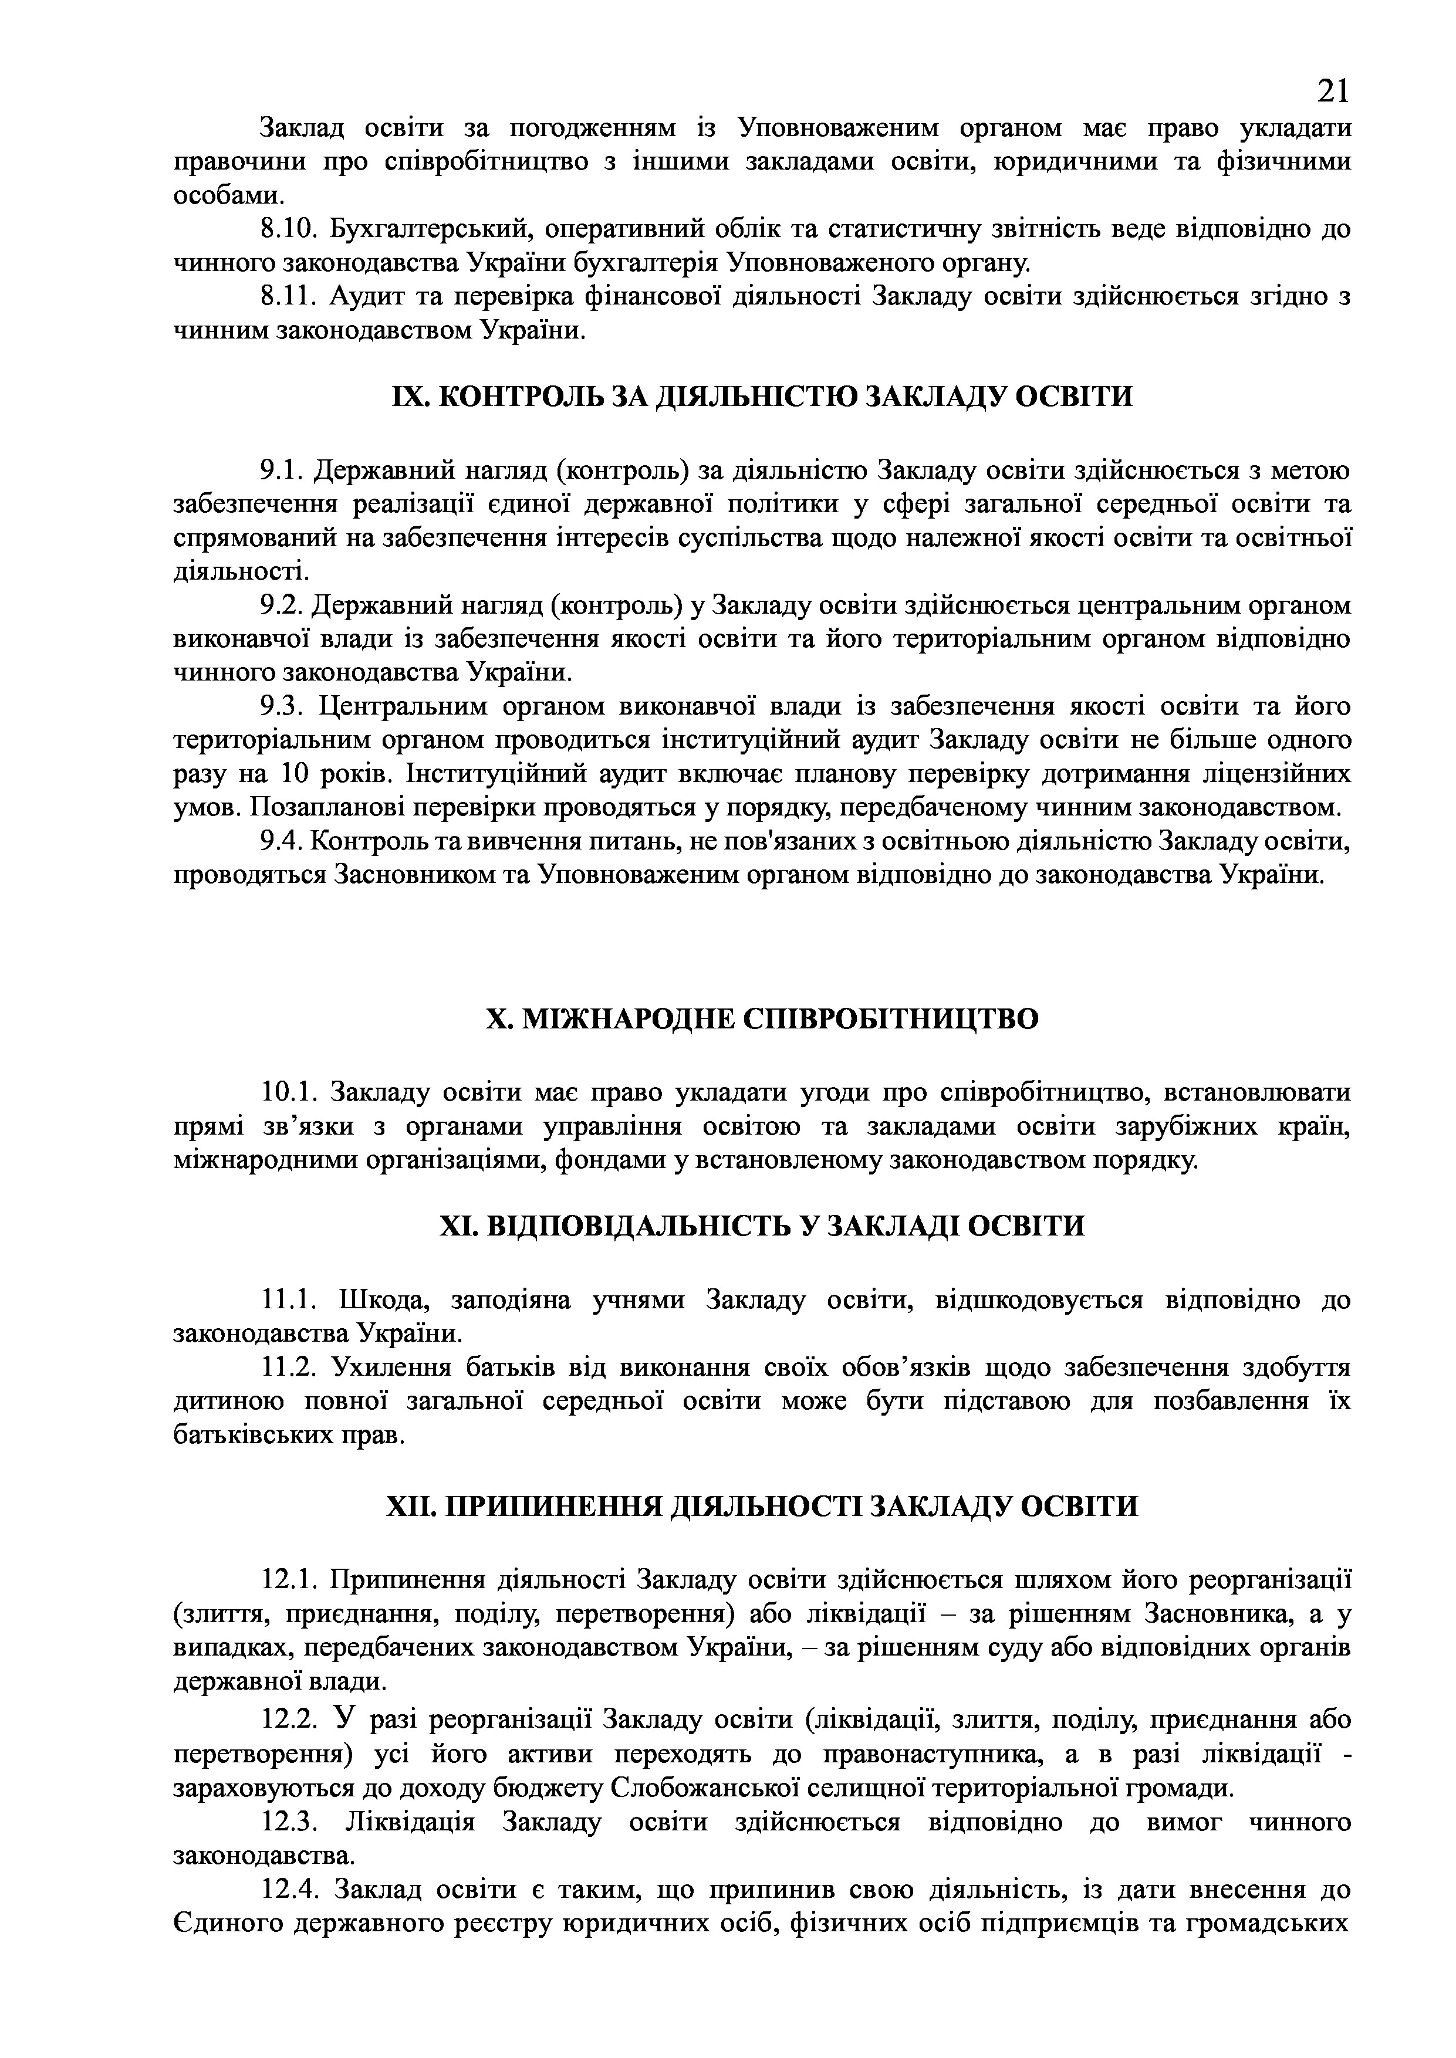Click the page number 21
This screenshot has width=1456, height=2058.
pos(1332,90)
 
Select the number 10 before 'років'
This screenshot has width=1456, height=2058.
pos(296,774)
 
